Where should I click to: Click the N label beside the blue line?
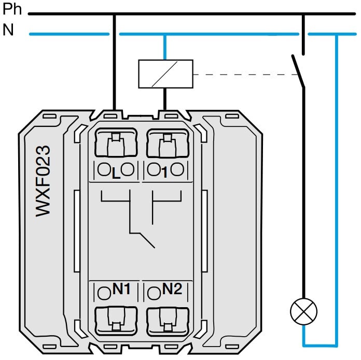(x=8, y=31)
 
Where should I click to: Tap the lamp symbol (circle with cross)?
(x=303, y=311)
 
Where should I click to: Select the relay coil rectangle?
(x=165, y=74)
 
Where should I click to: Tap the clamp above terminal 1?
(x=167, y=145)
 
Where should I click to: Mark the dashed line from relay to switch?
(x=244, y=75)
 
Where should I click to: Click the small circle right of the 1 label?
(x=178, y=169)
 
